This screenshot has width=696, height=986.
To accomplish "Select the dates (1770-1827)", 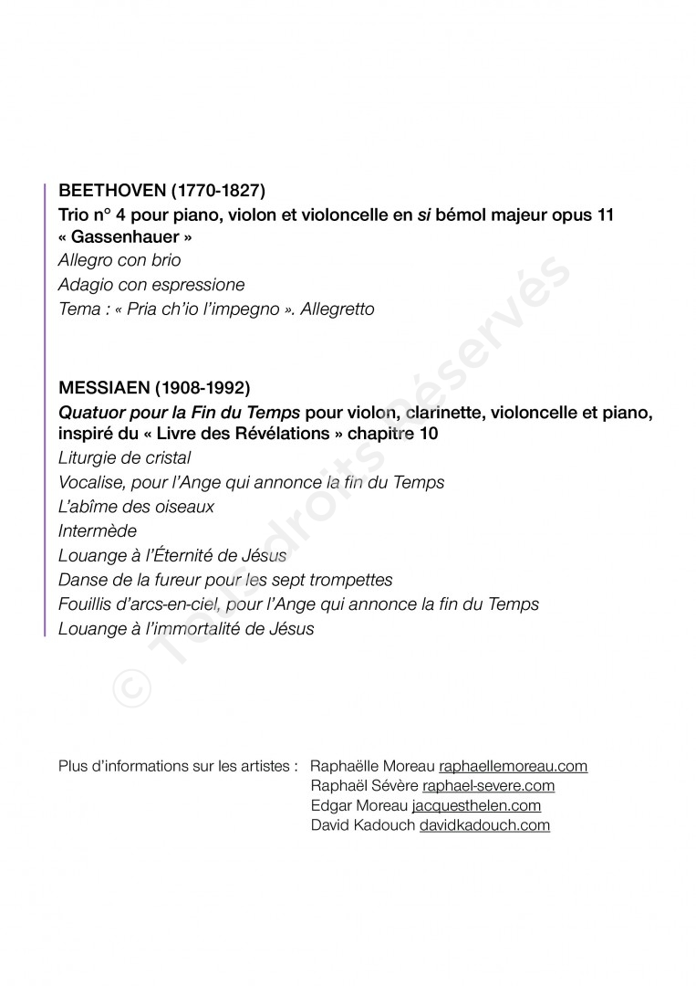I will coord(218,192).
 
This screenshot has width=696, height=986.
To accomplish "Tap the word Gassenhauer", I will coord(125,237).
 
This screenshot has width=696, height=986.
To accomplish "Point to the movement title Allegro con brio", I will coord(119,261).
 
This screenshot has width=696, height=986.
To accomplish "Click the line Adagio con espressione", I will coord(151,285).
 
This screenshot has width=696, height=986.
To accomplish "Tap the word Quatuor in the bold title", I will coord(89,412).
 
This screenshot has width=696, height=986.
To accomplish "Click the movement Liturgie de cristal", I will coord(125,457).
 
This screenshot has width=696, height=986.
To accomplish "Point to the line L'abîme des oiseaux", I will coord(136,507).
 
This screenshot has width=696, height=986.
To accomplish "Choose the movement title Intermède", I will coord(98,530).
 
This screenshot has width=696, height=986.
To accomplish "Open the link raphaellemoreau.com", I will coord(513,766).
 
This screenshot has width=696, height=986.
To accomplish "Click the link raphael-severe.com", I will coord(488,786).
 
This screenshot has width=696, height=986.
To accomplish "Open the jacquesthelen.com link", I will coord(476,806).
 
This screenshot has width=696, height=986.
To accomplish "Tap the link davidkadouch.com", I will coord(484,826).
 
